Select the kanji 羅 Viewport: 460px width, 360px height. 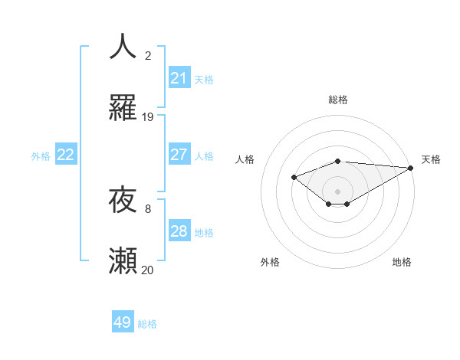tap(123, 109)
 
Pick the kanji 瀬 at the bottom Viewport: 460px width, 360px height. tap(123, 261)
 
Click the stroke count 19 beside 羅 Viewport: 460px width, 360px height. tap(148, 117)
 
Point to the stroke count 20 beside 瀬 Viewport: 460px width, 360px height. tap(148, 270)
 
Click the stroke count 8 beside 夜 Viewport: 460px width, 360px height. tap(148, 208)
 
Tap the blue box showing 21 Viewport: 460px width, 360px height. tap(179, 78)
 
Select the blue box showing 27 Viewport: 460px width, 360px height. tap(179, 155)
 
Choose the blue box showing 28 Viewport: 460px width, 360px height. tap(179, 231)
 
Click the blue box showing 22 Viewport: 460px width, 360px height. tap(66, 155)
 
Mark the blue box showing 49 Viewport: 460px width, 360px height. tap(123, 323)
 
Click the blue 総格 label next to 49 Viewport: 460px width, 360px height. tap(147, 324)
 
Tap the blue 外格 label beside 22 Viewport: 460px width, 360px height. tap(41, 155)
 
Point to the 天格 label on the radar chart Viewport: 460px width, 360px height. tap(431, 159)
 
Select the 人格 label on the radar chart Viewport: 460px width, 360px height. tap(245, 159)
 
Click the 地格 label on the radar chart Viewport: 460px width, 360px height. tap(402, 262)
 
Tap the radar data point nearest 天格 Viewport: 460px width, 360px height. tap(411, 168)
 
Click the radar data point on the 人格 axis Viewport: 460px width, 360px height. tap(294, 177)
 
